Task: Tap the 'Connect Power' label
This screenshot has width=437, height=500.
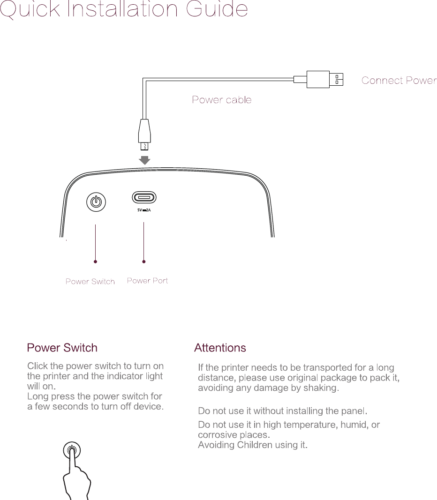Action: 399,81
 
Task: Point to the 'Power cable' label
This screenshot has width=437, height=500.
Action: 222,100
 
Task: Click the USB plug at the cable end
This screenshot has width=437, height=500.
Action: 324,79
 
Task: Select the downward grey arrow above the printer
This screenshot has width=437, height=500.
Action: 145,160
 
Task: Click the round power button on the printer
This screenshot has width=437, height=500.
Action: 96,202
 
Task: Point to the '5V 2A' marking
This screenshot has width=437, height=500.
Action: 144,211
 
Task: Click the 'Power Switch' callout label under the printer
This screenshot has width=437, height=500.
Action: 90,282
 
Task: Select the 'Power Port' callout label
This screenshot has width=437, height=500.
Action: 148,281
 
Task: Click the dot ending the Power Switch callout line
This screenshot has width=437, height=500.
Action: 96,261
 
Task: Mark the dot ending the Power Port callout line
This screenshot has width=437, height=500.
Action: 144,261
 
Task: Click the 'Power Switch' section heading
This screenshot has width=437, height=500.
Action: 62,348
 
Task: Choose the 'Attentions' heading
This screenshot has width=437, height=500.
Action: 220,348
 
